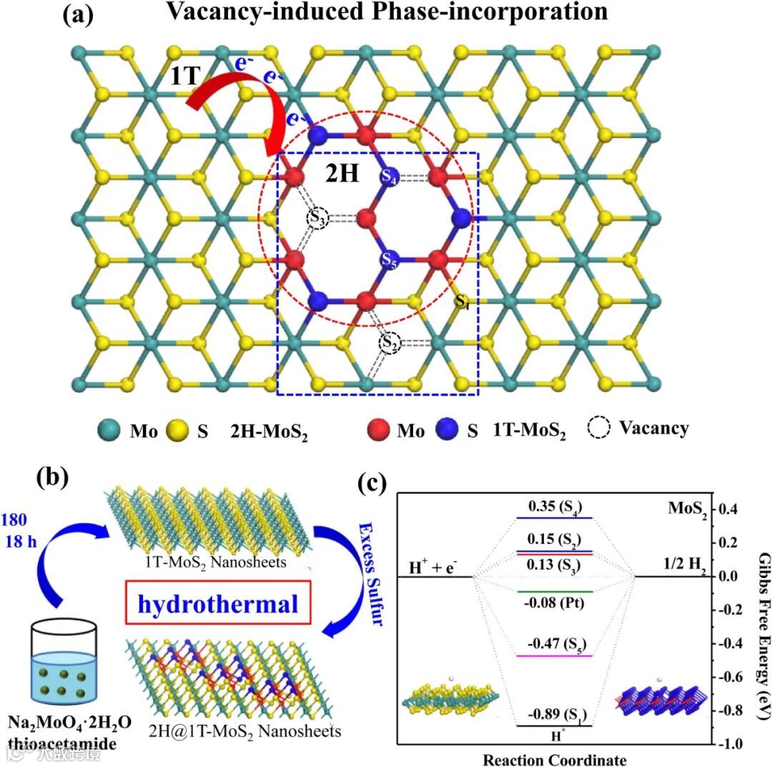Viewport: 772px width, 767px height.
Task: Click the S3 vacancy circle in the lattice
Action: tap(318, 218)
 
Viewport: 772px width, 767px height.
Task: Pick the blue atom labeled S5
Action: tap(389, 259)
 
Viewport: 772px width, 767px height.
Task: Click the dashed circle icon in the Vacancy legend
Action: tap(598, 429)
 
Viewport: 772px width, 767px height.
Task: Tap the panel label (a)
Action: tap(78, 14)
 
